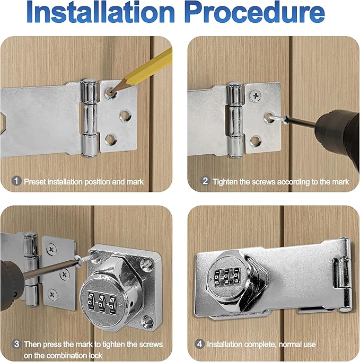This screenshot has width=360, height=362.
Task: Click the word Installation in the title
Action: pos(101,12)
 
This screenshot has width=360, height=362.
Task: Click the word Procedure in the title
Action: pos(254,12)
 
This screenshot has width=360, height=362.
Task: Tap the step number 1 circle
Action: pos(16,181)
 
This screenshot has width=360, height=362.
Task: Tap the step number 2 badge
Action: pos(205,181)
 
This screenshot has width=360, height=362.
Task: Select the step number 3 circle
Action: pos(16,344)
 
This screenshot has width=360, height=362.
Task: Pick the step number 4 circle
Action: pos(200,344)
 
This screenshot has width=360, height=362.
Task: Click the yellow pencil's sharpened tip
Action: pos(112,93)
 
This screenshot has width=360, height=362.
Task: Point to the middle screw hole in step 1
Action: pos(125,116)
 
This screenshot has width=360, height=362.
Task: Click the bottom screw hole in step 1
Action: pos(110,139)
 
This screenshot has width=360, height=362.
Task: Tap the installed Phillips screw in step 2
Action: pos(256,95)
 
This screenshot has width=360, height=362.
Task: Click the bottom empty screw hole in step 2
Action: pos(256,141)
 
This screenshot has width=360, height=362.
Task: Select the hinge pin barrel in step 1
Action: pos(89,118)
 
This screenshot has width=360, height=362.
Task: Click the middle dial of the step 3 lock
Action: pos(101,302)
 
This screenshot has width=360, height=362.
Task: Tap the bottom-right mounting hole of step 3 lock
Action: pos(147,321)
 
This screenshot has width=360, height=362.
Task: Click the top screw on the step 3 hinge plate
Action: pos(51,249)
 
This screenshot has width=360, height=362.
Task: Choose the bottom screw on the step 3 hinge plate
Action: pos(52,295)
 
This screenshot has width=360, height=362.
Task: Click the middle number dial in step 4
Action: pos(226,277)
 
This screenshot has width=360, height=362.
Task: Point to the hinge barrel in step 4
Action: pos(344,274)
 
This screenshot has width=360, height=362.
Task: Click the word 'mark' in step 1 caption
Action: pos(135,182)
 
